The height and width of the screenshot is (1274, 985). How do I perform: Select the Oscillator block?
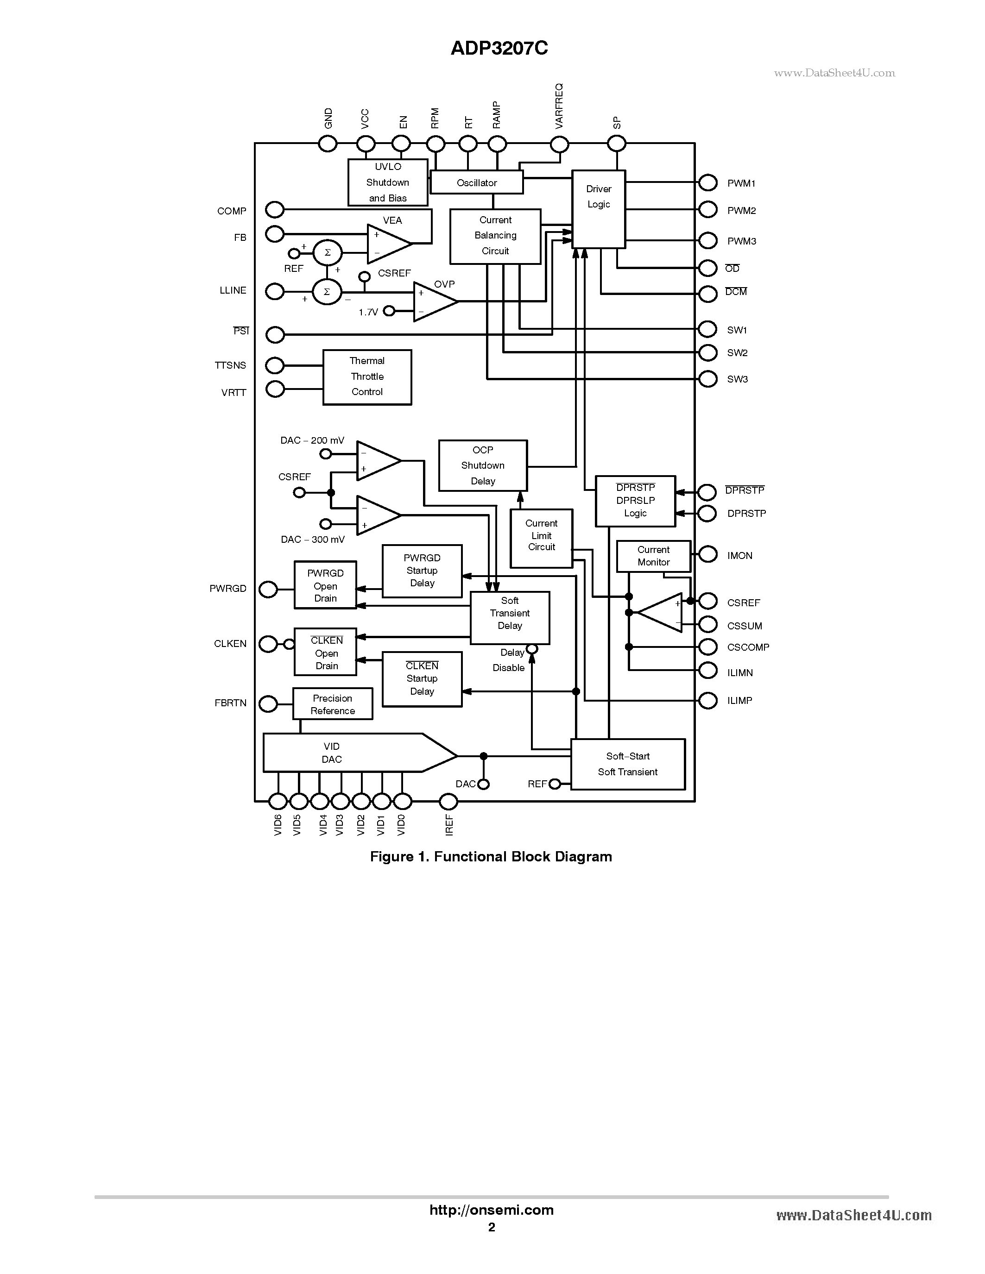click(x=476, y=182)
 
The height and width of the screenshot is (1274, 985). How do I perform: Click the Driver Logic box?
click(x=598, y=209)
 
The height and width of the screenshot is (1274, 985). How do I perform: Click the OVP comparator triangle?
click(x=433, y=301)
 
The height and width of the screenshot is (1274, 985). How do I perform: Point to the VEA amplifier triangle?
click(x=386, y=243)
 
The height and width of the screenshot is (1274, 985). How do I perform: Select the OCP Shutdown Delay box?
click(x=483, y=465)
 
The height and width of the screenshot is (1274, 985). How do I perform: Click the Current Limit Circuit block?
click(x=541, y=538)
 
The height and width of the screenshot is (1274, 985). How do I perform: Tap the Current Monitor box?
click(x=653, y=556)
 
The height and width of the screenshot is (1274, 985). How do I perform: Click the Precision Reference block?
click(x=332, y=704)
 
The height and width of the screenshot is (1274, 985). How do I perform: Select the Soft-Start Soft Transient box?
click(x=627, y=764)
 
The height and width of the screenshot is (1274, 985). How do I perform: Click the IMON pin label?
click(x=739, y=556)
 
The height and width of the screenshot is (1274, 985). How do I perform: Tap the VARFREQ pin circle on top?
click(x=559, y=144)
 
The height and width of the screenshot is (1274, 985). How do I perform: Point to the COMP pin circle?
click(x=274, y=209)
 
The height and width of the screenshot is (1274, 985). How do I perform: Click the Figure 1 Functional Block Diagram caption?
click(x=491, y=856)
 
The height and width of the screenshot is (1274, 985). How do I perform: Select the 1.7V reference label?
click(x=368, y=313)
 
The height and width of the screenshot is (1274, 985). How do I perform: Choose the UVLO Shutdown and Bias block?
click(x=387, y=182)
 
